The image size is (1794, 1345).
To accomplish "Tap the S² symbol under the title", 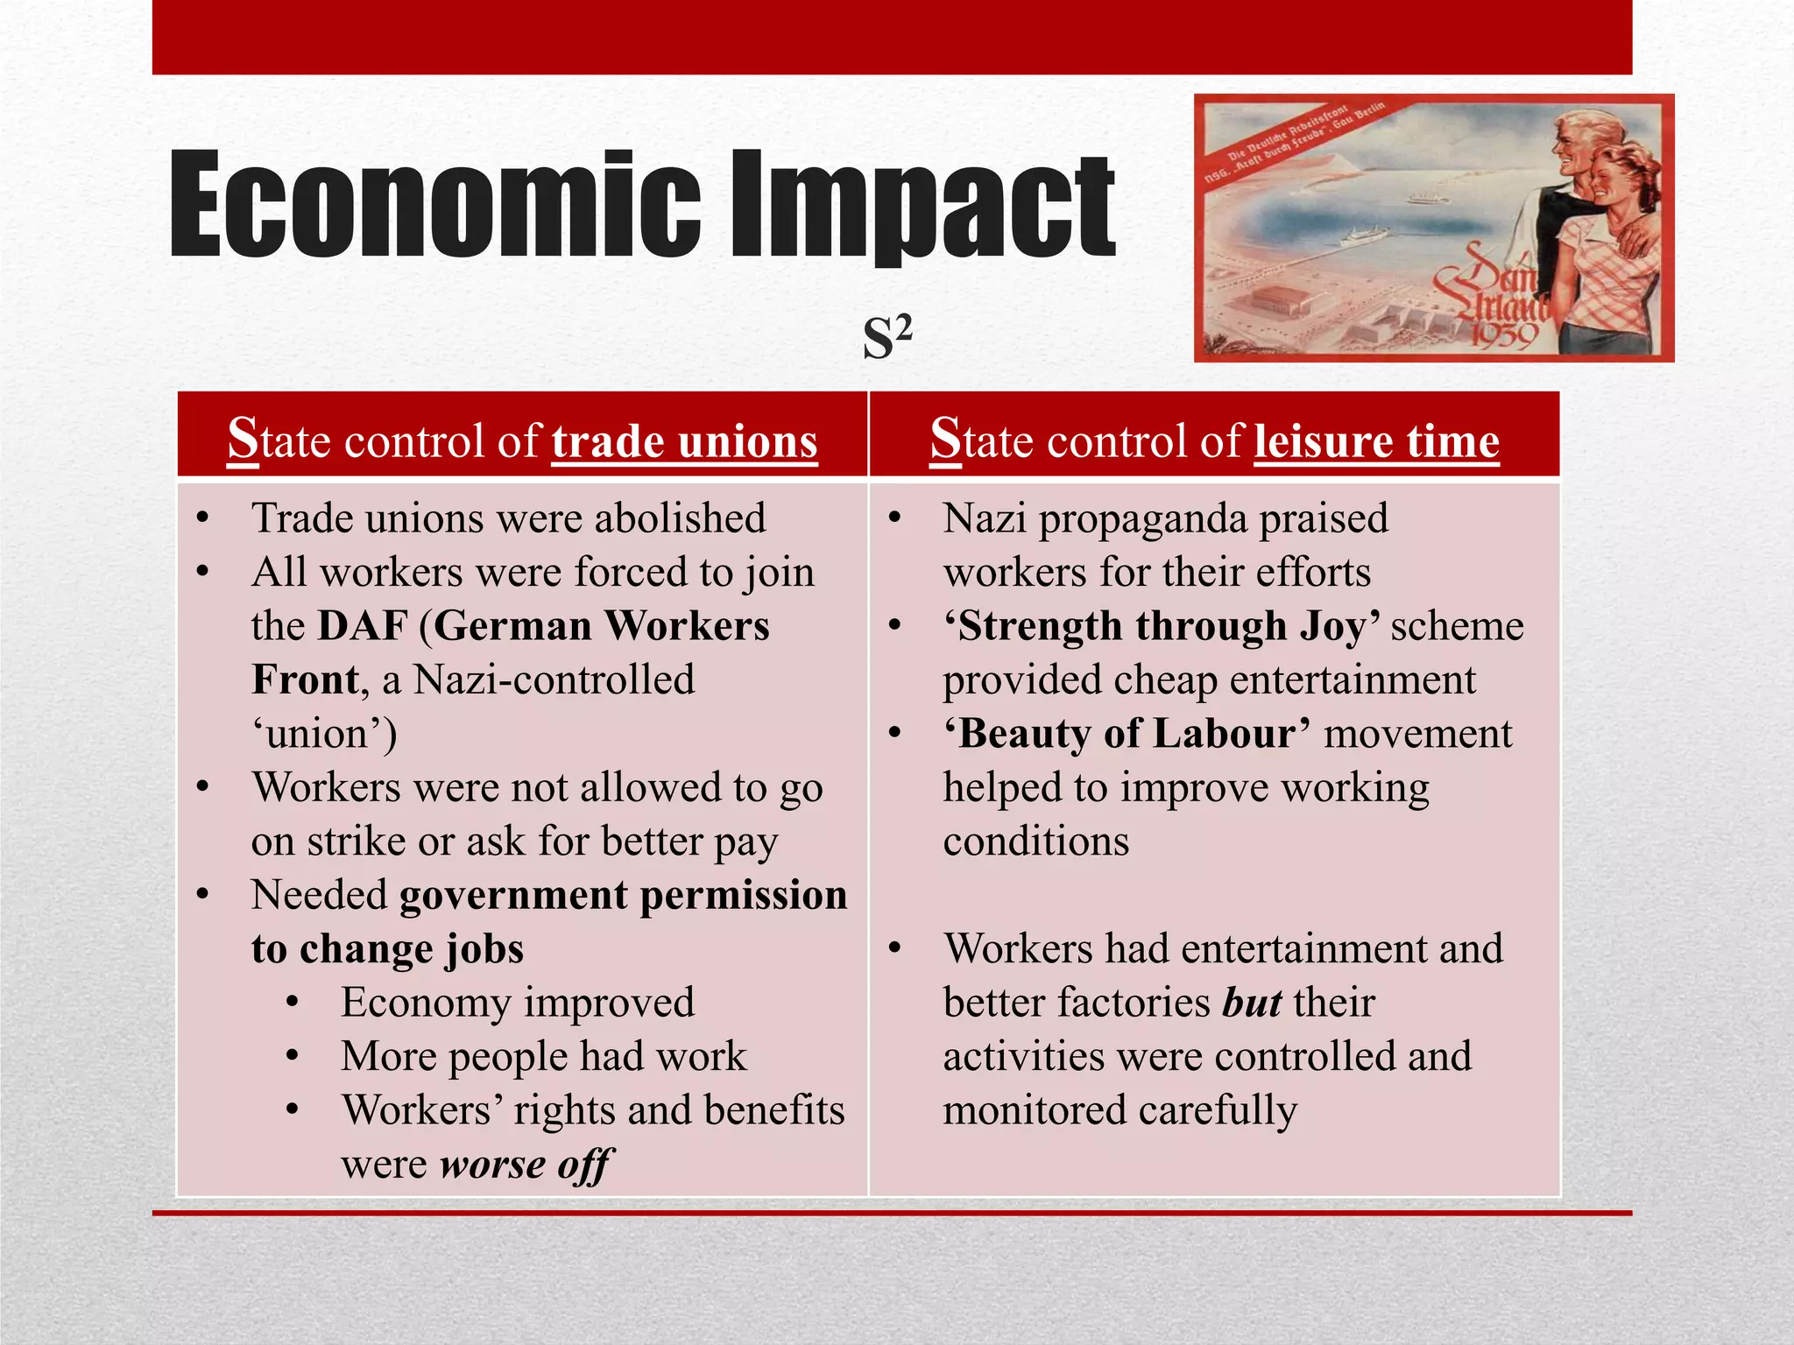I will [887, 338].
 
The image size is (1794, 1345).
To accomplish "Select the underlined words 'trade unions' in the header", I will [684, 440].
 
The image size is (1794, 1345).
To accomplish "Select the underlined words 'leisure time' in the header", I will [1376, 440].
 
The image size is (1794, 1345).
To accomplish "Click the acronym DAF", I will [363, 626].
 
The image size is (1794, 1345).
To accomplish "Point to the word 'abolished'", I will [680, 518].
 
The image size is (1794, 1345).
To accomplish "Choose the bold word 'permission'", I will [744, 895].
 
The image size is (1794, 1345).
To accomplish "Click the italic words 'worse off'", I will [526, 1165].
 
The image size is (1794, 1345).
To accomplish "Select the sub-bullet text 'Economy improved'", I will [518, 1003].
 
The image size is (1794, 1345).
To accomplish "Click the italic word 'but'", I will [1252, 1003].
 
